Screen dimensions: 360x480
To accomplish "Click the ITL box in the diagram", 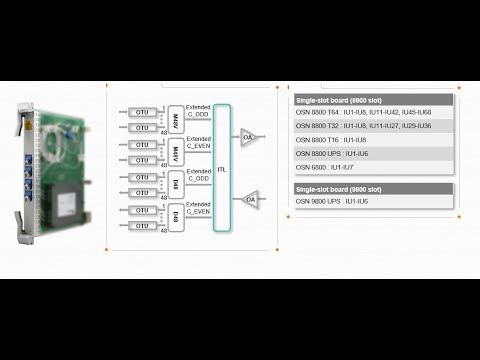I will click(221, 170).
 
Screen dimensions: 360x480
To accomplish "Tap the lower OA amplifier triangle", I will click(250, 200).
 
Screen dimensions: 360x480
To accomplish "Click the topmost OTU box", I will click(143, 113).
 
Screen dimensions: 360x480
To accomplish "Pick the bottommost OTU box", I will click(143, 228).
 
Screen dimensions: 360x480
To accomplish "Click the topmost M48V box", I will click(175, 120).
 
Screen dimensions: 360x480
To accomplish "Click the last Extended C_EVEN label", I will click(198, 209).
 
